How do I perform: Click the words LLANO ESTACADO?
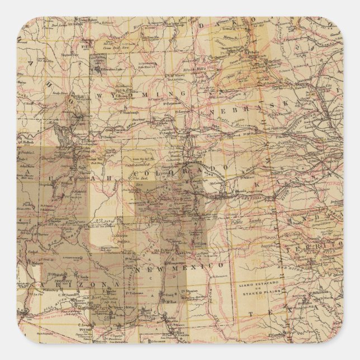click(x=258, y=286)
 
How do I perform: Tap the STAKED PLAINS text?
click(x=258, y=296)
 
